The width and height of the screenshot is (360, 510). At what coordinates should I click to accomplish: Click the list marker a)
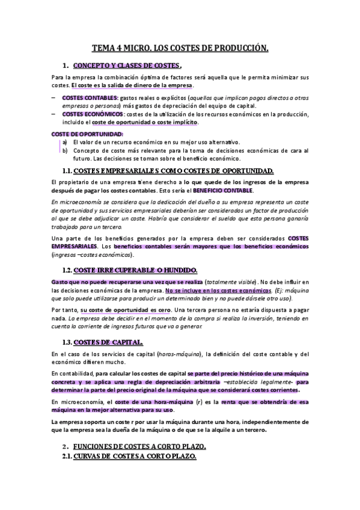click(x=64, y=142)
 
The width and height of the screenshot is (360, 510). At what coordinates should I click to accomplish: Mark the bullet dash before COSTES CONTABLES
click(x=52, y=97)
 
